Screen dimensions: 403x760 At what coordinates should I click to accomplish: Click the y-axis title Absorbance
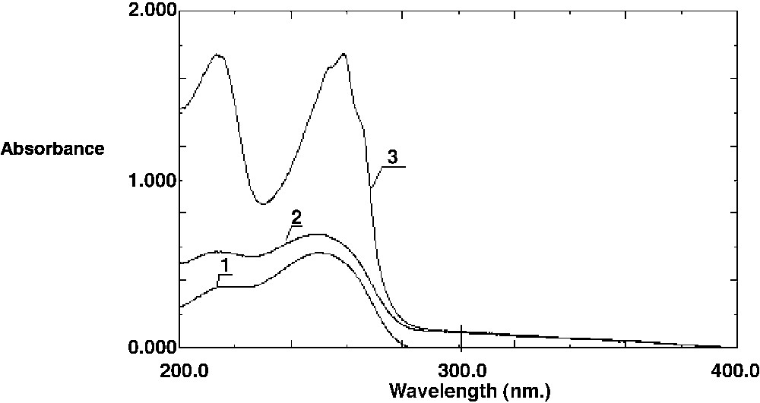(52, 149)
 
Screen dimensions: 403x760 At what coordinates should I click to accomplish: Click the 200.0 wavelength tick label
(181, 371)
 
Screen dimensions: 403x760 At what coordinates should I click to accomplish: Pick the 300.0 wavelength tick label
(461, 371)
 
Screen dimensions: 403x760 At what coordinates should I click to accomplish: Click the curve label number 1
(224, 265)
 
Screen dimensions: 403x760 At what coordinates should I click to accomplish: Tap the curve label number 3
(392, 157)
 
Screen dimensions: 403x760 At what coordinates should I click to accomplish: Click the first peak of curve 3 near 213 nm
(218, 55)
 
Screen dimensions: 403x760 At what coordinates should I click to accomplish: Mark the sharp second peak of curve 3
(344, 54)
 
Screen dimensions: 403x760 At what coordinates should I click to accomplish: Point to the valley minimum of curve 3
(263, 203)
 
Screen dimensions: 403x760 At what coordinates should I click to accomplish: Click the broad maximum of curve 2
(319, 234)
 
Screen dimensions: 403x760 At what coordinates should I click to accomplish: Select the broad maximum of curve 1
(319, 253)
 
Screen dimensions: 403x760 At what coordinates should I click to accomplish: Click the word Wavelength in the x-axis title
(434, 391)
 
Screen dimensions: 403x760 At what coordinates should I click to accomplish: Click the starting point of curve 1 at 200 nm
(180, 307)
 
